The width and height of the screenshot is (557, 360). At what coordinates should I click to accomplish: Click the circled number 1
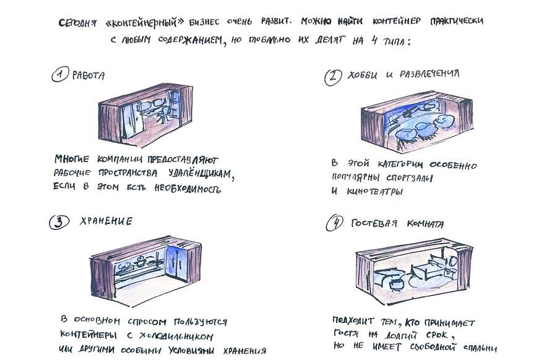click(59, 75)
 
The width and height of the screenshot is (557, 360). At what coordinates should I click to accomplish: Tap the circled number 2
click(333, 77)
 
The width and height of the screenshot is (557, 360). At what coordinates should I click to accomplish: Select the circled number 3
click(59, 222)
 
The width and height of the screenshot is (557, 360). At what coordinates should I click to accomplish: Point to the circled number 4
click(335, 223)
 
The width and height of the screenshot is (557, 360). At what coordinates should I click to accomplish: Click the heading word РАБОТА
click(89, 75)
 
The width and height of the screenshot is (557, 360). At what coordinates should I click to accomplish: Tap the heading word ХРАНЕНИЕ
click(106, 221)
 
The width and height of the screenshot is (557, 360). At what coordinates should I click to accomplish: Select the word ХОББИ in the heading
click(362, 75)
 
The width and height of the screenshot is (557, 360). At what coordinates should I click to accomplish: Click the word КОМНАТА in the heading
click(425, 224)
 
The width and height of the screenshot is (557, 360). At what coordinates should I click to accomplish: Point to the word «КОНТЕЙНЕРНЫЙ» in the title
click(145, 23)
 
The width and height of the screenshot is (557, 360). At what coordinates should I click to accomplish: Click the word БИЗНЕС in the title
click(204, 22)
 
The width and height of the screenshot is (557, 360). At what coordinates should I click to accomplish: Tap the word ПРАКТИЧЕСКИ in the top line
click(457, 21)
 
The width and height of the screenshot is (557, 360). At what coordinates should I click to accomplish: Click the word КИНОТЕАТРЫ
click(375, 192)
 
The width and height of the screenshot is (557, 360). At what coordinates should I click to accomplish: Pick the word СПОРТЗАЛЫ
click(410, 178)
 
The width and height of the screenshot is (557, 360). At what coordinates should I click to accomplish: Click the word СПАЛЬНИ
click(480, 348)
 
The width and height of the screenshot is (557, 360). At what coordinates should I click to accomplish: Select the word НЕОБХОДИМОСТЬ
click(188, 188)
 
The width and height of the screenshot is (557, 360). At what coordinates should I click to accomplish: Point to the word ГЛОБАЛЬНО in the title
click(269, 40)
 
